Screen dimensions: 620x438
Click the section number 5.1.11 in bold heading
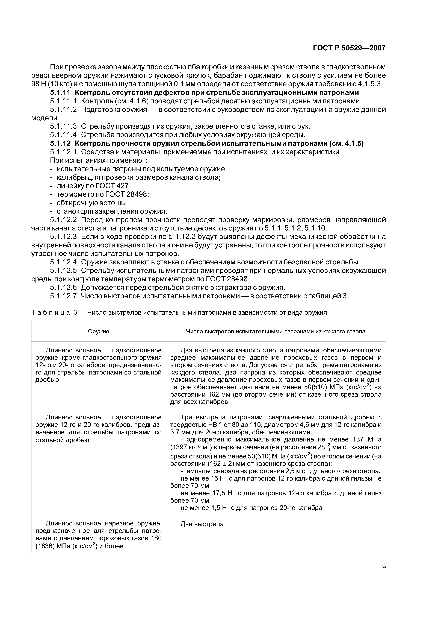pos(60,93)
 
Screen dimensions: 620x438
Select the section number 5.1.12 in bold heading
pos(60,144)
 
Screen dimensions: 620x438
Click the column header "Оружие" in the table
pos(99,331)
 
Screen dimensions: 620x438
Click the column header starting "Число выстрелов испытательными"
pos(276,331)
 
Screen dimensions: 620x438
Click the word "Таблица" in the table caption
pos(51,313)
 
